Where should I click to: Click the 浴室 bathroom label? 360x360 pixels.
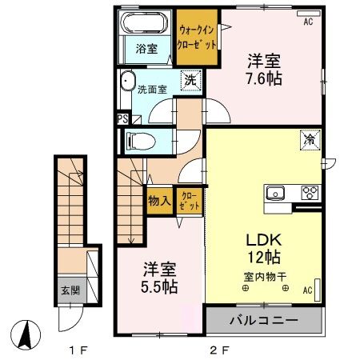click(x=146, y=49)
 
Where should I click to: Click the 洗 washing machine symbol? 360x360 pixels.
click(x=190, y=79)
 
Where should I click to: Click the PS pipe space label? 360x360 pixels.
click(x=122, y=119)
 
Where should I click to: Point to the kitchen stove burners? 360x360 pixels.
click(x=310, y=192)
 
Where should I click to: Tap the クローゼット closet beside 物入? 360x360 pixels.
click(x=189, y=200)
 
